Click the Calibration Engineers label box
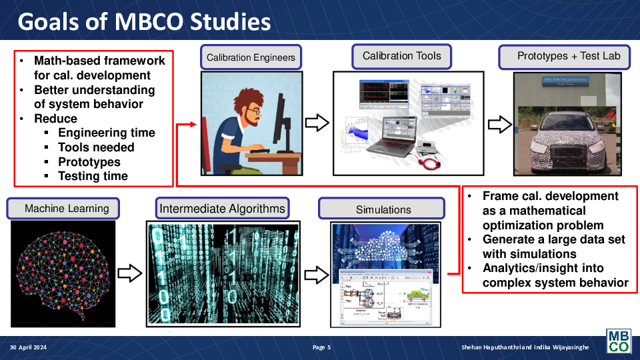point(251,57)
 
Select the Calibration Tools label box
point(402,56)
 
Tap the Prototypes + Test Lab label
point(569,56)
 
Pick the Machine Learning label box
point(63,209)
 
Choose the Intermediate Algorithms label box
point(222,209)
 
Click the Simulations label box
point(383,209)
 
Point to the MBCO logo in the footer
point(617,341)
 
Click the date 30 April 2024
point(29,347)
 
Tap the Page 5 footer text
point(321,347)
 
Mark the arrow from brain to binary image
point(130,273)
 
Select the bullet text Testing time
point(93,176)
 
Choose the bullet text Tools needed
point(96,147)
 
